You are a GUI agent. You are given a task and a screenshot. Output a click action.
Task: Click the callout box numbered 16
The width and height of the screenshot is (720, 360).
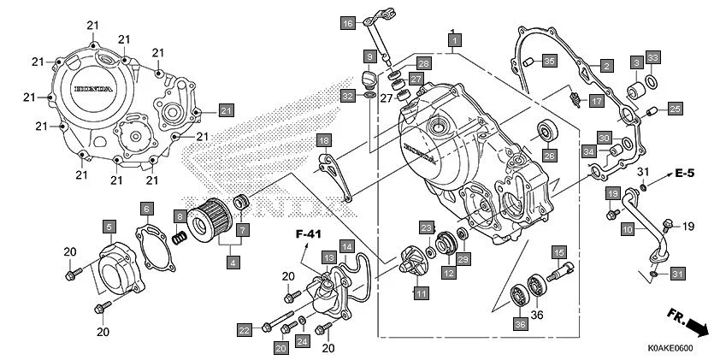[348, 23]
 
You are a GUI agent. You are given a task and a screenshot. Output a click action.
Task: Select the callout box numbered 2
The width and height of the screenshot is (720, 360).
[605, 65]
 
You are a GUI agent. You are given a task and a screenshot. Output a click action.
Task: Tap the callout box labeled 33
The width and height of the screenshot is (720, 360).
[652, 57]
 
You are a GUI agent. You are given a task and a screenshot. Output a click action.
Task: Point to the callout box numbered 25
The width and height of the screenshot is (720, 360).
[675, 109]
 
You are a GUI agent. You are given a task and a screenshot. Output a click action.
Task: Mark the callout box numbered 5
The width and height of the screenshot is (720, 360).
[109, 227]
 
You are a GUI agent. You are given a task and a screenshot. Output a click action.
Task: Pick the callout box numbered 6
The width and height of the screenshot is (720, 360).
[147, 209]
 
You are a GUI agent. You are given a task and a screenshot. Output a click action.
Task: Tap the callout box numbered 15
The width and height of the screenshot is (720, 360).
[558, 252]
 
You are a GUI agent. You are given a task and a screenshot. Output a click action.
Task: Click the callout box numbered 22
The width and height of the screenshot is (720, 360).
[245, 329]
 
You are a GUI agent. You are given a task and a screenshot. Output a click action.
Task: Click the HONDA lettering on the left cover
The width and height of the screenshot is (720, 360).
[89, 90]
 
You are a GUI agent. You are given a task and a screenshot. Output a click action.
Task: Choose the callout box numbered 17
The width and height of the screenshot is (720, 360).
[596, 101]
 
